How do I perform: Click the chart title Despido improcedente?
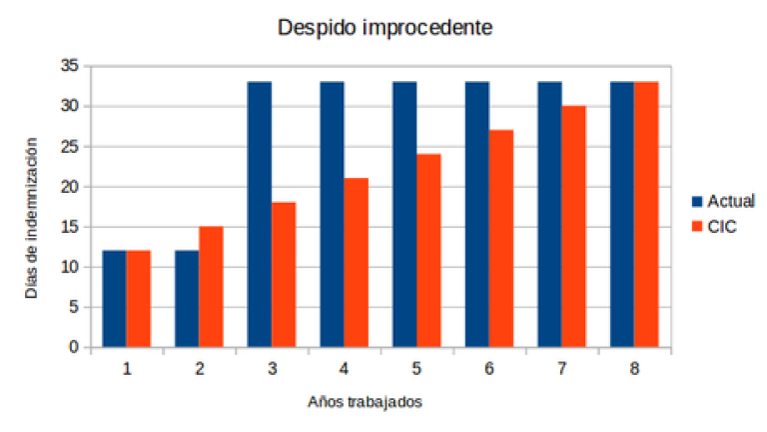coord(384,28)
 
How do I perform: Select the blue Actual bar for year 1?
coord(115,299)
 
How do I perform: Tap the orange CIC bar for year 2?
coord(211,287)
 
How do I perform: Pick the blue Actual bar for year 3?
coord(259,214)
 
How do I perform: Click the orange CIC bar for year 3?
coord(284,275)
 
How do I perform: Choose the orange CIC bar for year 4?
coord(357,263)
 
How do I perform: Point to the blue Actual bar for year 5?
coord(404,214)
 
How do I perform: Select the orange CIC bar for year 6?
coord(501,239)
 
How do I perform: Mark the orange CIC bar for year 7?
coord(573,227)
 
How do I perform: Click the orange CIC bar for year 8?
coord(646,214)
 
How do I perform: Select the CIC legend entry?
coord(715,228)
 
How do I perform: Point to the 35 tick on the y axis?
coord(69,66)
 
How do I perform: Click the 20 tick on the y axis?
coord(69,187)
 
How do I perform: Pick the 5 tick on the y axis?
coord(73,307)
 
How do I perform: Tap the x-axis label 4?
coord(345,369)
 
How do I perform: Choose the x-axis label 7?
coord(562,369)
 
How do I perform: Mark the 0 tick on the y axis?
coord(73,348)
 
